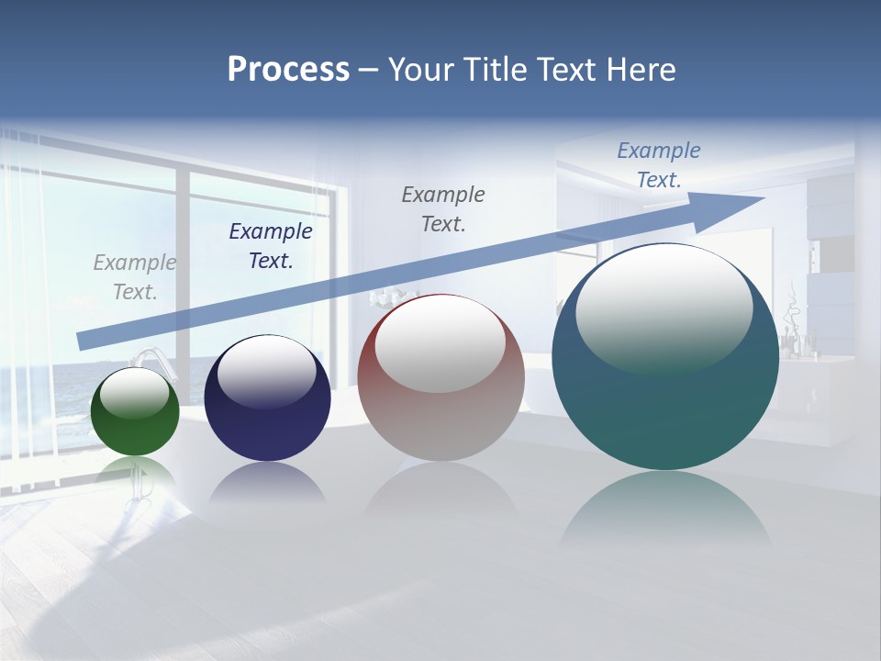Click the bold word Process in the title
point(288,70)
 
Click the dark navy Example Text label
point(270,246)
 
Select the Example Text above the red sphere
point(443,208)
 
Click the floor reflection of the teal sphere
point(665,510)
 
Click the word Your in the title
point(421,70)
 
